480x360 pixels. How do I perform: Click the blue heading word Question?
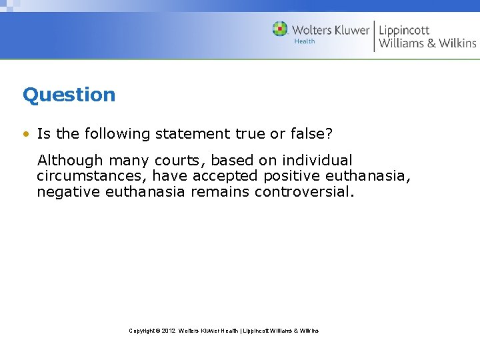pos(69,95)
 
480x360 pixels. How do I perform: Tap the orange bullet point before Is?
pos(26,134)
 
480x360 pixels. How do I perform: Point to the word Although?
pos(70,161)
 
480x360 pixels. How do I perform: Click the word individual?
pos(317,161)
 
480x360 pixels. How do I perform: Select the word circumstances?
pos(91,176)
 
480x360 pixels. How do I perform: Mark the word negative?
pos(68,192)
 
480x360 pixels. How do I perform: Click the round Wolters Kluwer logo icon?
pos(280,29)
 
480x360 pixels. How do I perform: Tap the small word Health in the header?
pos(305,41)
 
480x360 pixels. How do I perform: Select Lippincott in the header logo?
pos(404,30)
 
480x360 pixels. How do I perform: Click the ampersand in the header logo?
pos(431,43)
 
